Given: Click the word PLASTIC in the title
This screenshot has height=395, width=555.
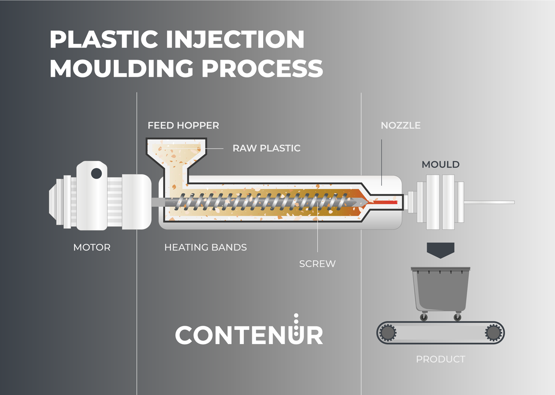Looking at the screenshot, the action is pyautogui.click(x=104, y=39).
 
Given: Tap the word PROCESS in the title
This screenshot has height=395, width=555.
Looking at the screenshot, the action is pyautogui.click(x=263, y=68).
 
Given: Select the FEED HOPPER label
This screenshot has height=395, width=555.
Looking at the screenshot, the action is pyautogui.click(x=183, y=125).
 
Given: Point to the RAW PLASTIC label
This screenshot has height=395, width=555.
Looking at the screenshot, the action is pyautogui.click(x=266, y=148).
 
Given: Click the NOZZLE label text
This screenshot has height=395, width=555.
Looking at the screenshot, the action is pyautogui.click(x=401, y=125).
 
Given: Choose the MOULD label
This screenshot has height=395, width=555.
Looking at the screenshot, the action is pyautogui.click(x=440, y=165).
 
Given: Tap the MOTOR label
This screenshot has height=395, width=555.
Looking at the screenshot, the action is pyautogui.click(x=92, y=247).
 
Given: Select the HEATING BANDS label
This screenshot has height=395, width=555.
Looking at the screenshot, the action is pyautogui.click(x=206, y=247).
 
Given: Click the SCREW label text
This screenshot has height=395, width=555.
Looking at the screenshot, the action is pyautogui.click(x=317, y=264).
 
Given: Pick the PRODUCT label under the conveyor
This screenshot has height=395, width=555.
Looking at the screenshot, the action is pyautogui.click(x=440, y=359).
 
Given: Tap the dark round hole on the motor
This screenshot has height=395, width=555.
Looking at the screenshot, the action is pyautogui.click(x=96, y=173).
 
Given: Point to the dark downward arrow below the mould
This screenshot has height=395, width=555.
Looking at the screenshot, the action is pyautogui.click(x=440, y=250).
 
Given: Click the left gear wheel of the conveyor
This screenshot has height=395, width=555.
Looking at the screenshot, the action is pyautogui.click(x=388, y=333).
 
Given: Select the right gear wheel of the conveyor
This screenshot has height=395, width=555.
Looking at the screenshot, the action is pyautogui.click(x=493, y=333).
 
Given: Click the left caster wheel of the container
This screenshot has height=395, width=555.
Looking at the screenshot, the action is pyautogui.click(x=424, y=317).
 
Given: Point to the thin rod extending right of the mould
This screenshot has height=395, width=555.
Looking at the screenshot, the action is pyautogui.click(x=489, y=202).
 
